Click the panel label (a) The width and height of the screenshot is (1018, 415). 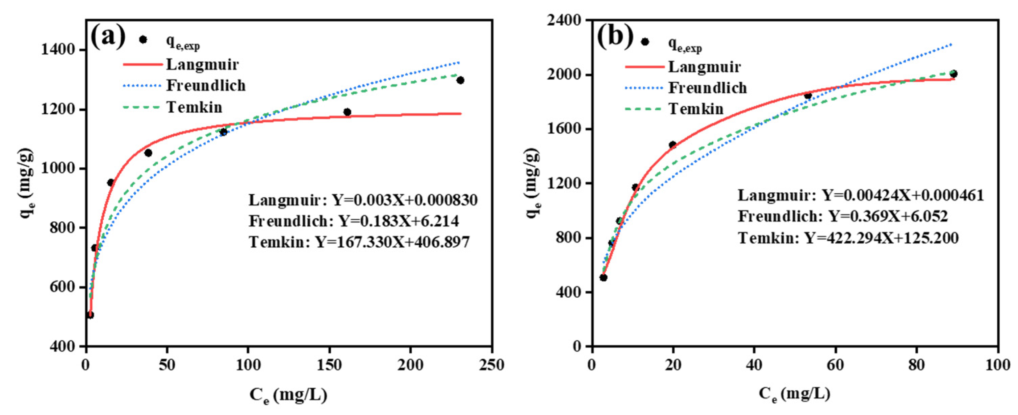point(107,36)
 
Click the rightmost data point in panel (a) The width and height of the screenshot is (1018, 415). point(460,80)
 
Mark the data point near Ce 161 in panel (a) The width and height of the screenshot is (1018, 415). point(347,112)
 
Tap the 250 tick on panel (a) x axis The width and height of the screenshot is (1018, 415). point(492,365)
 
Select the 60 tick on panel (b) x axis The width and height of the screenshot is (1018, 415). point(835,365)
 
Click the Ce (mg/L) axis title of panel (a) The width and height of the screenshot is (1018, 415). point(288,395)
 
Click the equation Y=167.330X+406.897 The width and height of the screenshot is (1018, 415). point(392,242)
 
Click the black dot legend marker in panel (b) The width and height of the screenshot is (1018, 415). point(645,42)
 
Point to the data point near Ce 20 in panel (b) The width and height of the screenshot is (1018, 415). point(672,144)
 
